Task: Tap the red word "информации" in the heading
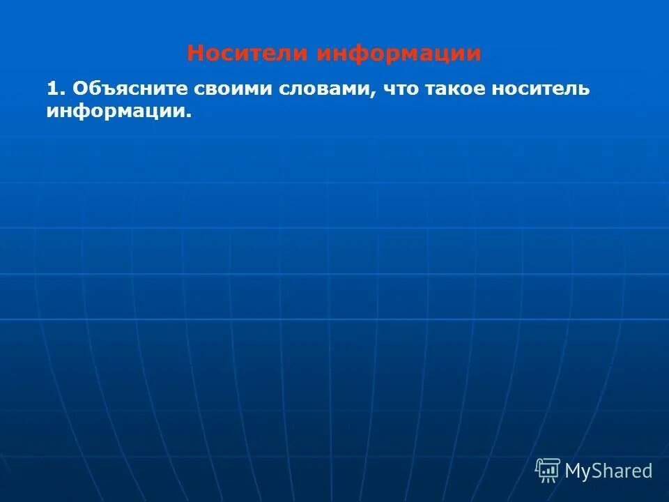(399, 54)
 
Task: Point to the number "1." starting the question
(56, 89)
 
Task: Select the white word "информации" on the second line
(116, 111)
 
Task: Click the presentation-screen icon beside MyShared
(548, 470)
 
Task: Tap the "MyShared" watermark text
(608, 471)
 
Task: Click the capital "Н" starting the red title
(196, 54)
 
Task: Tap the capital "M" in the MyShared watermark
(574, 471)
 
